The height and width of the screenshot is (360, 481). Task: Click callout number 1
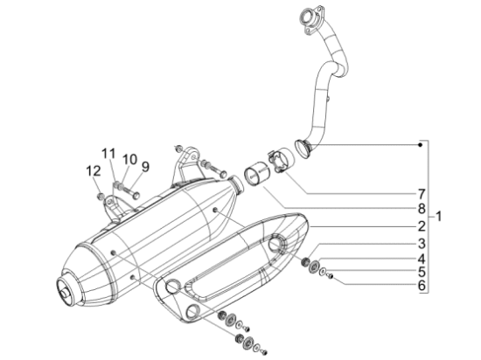439,216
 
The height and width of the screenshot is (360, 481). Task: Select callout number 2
421,225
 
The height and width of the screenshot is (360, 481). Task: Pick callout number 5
421,272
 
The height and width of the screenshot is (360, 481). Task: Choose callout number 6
421,286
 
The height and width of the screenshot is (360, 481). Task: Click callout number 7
421,193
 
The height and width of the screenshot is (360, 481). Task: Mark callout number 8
421,209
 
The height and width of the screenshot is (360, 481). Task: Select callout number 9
145,166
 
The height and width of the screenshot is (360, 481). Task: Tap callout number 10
129,160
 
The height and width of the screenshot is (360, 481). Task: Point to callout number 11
108,154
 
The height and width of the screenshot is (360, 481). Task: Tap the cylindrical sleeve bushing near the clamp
255,174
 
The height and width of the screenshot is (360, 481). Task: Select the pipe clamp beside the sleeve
280,160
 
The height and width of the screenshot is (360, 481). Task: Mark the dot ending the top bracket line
421,142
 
